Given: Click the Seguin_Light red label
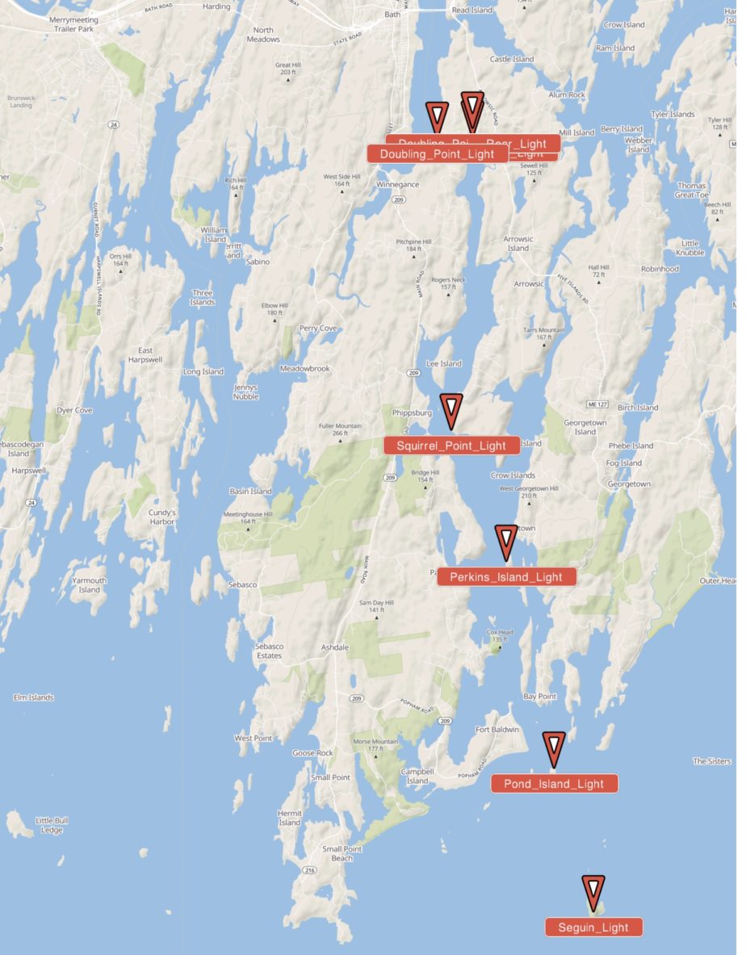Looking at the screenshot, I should [x=593, y=928].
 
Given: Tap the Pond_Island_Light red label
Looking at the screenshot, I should [x=554, y=784].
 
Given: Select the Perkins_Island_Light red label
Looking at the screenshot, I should [x=506, y=576].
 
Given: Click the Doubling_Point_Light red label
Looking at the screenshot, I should [x=437, y=154].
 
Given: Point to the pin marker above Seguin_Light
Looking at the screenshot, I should [x=593, y=893].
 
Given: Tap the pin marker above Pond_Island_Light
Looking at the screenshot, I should [x=554, y=748].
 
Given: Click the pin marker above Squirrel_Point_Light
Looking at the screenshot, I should [x=451, y=410].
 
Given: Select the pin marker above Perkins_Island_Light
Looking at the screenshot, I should [x=506, y=542].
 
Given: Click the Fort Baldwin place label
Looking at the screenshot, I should [x=497, y=730].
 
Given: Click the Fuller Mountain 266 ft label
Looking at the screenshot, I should [x=340, y=429].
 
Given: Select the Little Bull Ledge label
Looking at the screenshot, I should [x=52, y=825].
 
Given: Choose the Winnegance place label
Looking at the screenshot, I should [x=397, y=184].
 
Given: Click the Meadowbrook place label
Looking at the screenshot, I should [x=304, y=368].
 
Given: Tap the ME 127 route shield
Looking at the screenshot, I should [x=595, y=403].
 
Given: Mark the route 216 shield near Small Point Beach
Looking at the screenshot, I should [x=309, y=870].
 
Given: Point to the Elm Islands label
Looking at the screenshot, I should [x=34, y=697].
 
